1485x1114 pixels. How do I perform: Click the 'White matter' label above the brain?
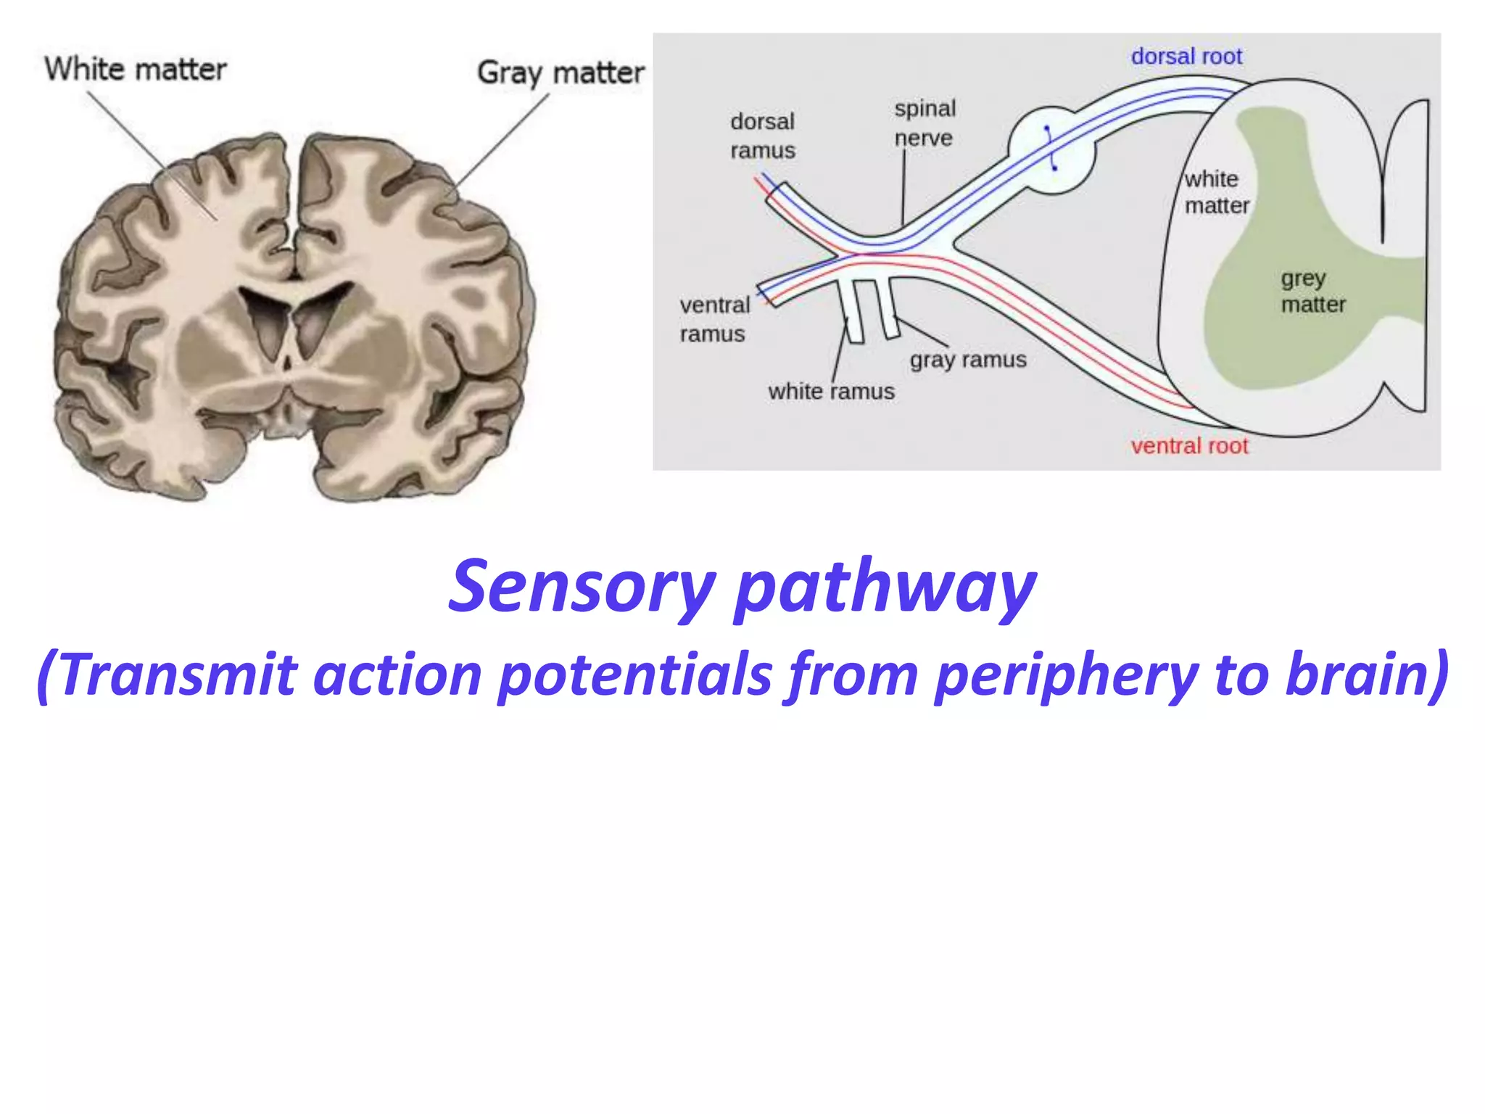136,70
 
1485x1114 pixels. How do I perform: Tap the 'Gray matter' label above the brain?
560,73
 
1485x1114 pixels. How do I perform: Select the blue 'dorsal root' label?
1186,57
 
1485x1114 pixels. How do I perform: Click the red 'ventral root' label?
1189,445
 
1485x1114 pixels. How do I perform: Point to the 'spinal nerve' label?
924,123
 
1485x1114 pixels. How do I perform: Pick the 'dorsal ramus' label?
762,136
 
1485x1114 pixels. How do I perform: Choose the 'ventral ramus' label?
714,319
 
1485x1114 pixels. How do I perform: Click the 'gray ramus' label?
968,360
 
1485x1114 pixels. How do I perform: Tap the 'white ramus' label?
831,392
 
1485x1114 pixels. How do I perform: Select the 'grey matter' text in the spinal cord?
1312,292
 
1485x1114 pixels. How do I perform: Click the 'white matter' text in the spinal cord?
1216,193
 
